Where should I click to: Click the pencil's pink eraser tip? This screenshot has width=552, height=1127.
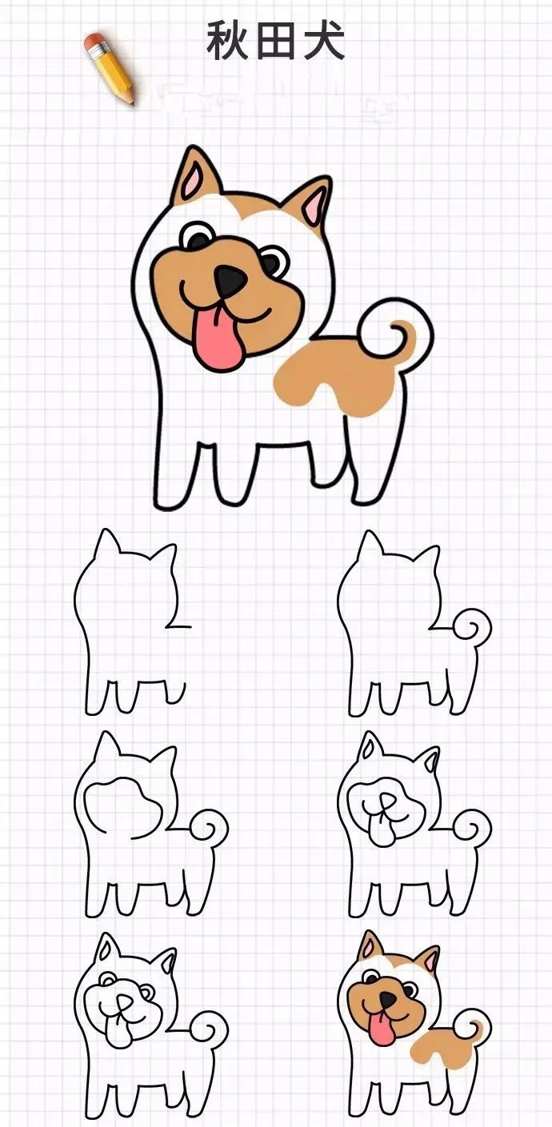point(94,40)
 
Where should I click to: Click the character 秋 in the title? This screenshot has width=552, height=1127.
point(226,41)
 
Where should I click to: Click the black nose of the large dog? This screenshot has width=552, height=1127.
point(230,278)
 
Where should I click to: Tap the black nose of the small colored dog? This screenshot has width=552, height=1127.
point(387,999)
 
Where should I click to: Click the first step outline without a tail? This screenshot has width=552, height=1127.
point(128,624)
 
